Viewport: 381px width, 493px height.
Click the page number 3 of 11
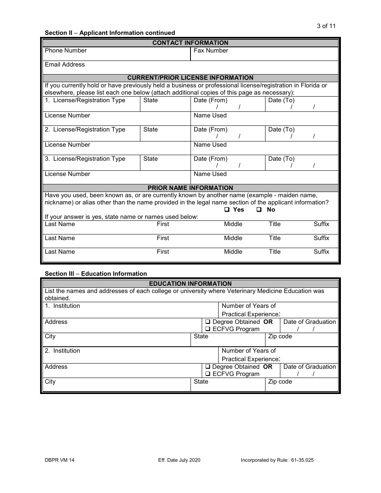click(326, 26)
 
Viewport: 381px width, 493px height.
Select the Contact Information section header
click(190, 43)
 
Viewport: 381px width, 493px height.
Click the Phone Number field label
click(65, 51)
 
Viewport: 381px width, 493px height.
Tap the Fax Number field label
click(211, 51)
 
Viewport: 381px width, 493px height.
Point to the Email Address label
click(65, 65)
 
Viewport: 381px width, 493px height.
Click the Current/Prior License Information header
click(190, 78)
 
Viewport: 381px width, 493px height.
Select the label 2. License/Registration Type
click(85, 129)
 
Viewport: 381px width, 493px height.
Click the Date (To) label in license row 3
click(281, 159)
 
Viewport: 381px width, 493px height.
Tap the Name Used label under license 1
click(210, 115)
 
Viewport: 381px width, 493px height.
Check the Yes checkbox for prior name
click(227, 210)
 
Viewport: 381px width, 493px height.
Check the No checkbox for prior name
click(259, 210)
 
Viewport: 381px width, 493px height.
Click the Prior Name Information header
click(190, 188)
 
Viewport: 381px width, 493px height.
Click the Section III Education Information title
click(96, 274)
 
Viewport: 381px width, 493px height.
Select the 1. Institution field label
click(62, 306)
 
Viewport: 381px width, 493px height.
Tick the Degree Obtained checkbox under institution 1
click(208, 322)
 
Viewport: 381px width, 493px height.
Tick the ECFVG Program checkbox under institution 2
click(208, 374)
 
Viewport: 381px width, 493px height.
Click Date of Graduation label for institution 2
click(309, 367)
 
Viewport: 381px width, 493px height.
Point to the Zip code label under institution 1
click(280, 336)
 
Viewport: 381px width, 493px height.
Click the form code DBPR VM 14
click(59, 460)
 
